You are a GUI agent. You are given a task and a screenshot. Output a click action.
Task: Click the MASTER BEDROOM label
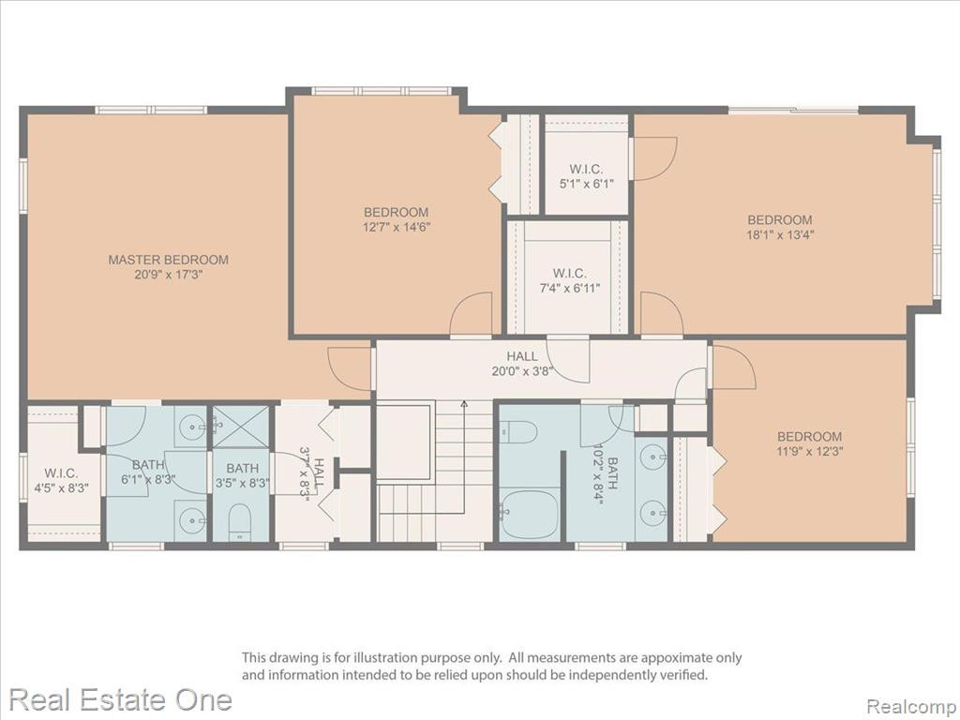[x=169, y=260]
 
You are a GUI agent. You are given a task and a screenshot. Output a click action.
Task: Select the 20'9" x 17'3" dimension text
[x=169, y=275]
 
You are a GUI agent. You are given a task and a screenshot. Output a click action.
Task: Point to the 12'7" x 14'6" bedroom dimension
[x=397, y=227]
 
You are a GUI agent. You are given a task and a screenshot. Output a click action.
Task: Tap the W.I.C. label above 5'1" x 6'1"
[x=586, y=169]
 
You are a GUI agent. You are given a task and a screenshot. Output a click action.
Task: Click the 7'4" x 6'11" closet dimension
[x=569, y=288]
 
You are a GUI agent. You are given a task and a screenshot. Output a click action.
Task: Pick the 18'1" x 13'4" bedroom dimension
[x=780, y=234]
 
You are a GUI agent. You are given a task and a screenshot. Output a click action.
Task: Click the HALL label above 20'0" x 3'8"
[x=522, y=355]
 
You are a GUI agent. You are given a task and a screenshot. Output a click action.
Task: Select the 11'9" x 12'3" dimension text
[x=809, y=452]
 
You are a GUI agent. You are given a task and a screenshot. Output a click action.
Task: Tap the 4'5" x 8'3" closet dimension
[x=61, y=487]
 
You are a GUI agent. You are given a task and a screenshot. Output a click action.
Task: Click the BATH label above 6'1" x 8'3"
[x=148, y=465]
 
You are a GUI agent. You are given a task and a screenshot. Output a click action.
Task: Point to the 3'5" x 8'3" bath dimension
[x=243, y=484]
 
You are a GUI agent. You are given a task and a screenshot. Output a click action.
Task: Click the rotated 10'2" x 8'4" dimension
[x=597, y=473]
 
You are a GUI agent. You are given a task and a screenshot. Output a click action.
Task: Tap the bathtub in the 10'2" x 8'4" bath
[x=530, y=513]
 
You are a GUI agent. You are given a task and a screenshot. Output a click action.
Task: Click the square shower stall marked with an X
[x=242, y=426]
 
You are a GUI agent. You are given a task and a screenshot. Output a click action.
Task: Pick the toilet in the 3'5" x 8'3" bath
[x=239, y=522]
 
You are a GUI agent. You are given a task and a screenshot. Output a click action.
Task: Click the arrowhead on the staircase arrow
[x=464, y=403]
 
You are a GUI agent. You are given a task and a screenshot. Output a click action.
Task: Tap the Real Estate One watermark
[x=121, y=699]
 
